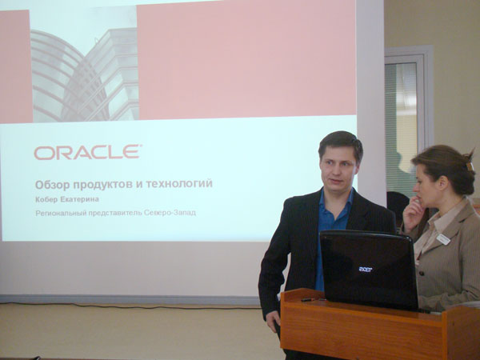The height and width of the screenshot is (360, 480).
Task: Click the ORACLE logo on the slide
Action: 88,153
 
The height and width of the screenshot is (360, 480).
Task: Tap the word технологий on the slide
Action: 178,184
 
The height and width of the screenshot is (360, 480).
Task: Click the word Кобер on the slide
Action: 46,199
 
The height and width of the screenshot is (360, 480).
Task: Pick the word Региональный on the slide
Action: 61,213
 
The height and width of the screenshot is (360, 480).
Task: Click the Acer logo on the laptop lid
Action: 366,270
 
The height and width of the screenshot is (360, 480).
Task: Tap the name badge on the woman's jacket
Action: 442,239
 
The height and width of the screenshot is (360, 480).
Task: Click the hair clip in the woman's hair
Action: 469,166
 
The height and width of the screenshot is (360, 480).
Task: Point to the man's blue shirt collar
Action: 337,203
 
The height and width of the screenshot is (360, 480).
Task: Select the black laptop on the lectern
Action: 369,270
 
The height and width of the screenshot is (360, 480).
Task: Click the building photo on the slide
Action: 85,75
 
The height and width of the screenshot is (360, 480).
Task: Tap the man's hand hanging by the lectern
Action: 274,321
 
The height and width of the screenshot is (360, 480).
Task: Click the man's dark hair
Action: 341,143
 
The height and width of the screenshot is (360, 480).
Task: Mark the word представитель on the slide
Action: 114,213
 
